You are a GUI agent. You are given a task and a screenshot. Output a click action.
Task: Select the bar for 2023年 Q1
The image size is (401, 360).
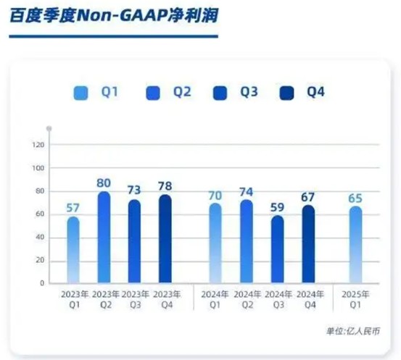pos(73,250)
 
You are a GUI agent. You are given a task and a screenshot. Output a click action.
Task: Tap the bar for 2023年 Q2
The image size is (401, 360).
pos(104,237)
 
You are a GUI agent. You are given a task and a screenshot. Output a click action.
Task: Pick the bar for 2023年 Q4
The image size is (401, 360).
pos(165,239)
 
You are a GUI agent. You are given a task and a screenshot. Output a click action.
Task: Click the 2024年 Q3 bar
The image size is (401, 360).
pos(277,250)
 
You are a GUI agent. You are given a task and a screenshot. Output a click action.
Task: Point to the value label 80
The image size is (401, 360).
pos(104,183)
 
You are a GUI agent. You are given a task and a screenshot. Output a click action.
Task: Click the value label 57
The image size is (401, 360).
pos(73,208)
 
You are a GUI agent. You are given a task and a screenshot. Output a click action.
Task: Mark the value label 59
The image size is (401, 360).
pos(277,206)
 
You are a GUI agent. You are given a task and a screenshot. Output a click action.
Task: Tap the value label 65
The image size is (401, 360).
pos(355,198)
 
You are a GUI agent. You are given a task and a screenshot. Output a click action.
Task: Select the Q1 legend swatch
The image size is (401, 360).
pos(81,93)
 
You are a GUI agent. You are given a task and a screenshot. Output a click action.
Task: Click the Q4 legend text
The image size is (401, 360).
pos(315,93)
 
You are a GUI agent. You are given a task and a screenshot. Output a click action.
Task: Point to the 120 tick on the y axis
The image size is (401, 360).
pos(39,145)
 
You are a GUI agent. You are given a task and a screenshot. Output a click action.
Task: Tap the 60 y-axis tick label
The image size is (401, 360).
pos(41,214)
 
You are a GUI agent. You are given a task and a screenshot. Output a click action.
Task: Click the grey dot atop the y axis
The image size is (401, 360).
pos(49,128)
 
